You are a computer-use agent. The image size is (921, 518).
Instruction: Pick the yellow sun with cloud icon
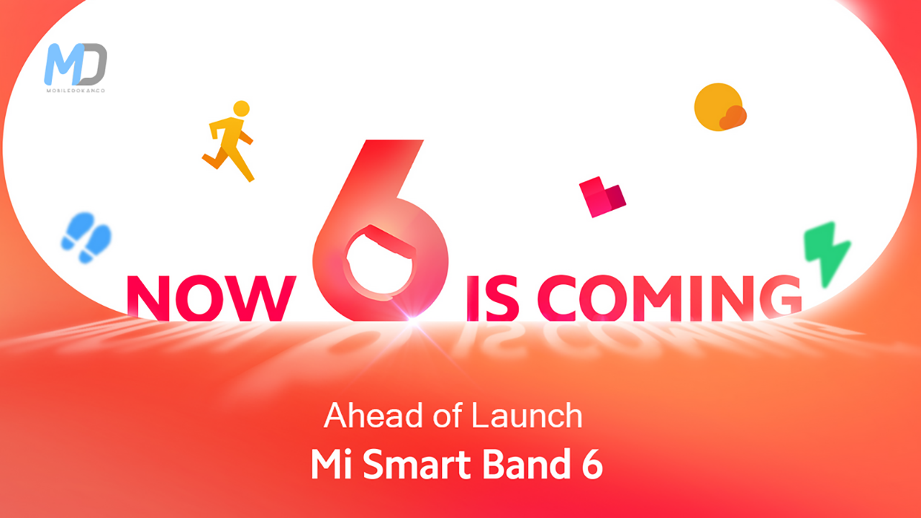click(x=719, y=108)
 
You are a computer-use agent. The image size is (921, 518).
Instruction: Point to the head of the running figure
click(x=241, y=109)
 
